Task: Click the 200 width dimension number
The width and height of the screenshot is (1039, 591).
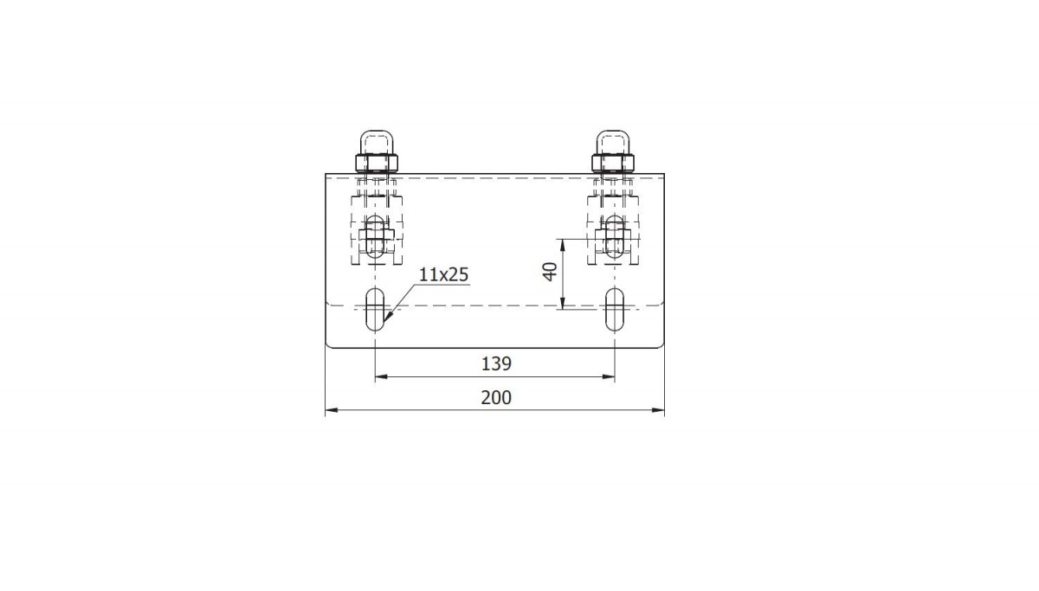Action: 496,398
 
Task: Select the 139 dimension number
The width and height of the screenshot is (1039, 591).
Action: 496,364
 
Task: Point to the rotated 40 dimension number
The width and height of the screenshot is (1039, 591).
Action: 550,272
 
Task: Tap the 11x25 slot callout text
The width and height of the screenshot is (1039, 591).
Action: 444,274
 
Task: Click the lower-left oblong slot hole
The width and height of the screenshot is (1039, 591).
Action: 375,310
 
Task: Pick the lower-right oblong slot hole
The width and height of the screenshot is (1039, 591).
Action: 615,310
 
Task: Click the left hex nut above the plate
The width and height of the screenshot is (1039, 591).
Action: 377,163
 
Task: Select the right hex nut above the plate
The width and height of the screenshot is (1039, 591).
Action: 613,163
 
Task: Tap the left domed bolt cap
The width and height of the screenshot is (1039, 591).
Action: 377,142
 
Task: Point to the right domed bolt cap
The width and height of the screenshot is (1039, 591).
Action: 613,142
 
